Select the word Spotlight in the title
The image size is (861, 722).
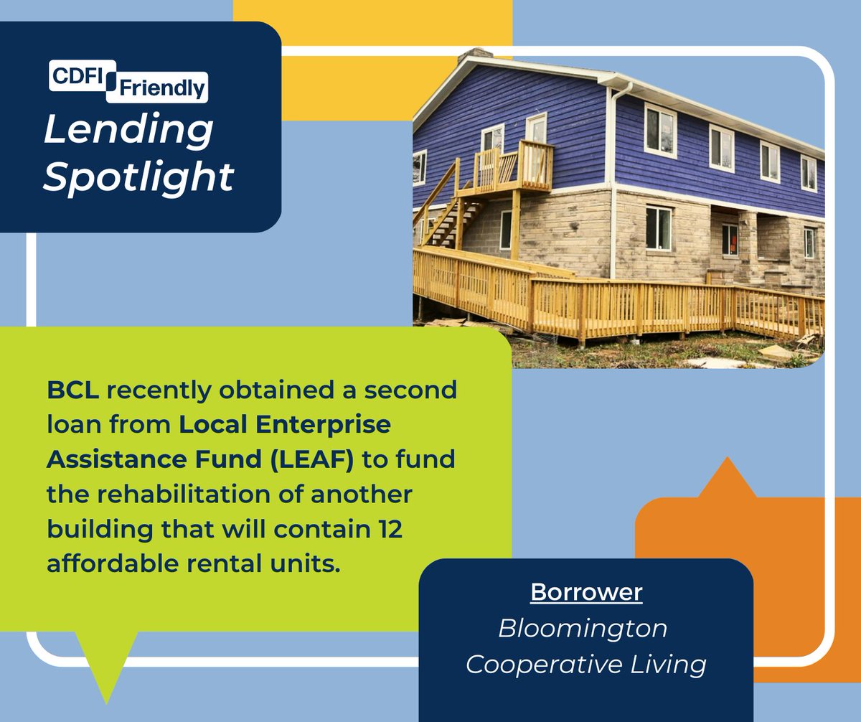tap(138, 177)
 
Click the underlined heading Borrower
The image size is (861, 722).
tap(585, 593)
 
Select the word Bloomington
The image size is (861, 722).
tap(583, 629)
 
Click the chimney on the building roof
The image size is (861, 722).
tap(474, 56)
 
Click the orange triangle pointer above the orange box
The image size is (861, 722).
tap(727, 479)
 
